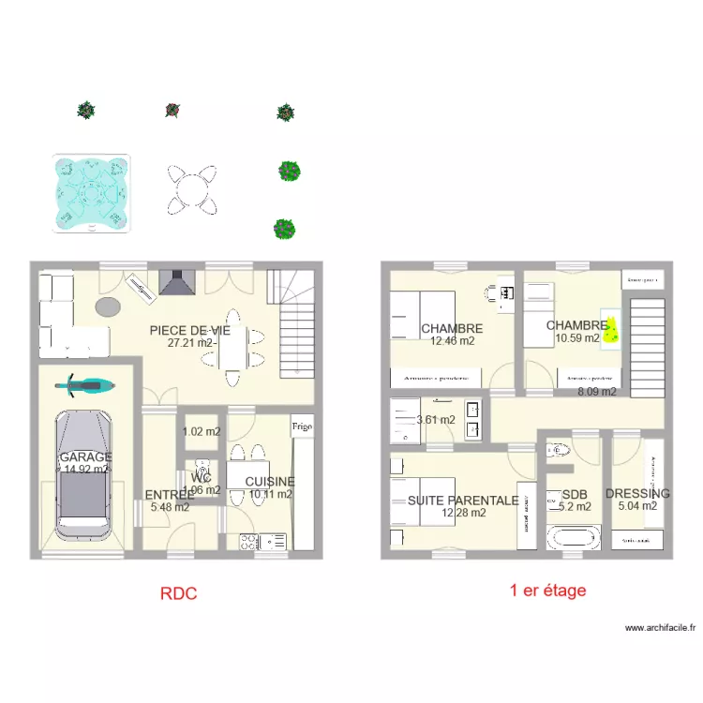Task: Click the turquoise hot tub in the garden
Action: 91,192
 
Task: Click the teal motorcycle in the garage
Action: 84,383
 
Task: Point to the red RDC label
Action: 178,592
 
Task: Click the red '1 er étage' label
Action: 548,591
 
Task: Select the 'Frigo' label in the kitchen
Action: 301,426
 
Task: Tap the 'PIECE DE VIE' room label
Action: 190,331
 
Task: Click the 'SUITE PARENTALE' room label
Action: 463,501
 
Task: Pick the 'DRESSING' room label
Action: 638,494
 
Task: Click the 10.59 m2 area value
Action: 577,339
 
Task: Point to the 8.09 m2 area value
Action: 597,392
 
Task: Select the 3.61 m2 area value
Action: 436,420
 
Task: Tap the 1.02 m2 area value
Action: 202,432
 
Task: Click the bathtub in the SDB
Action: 572,539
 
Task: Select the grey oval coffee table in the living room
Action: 108,307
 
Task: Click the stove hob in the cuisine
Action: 250,541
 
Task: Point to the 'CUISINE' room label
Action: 270,482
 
